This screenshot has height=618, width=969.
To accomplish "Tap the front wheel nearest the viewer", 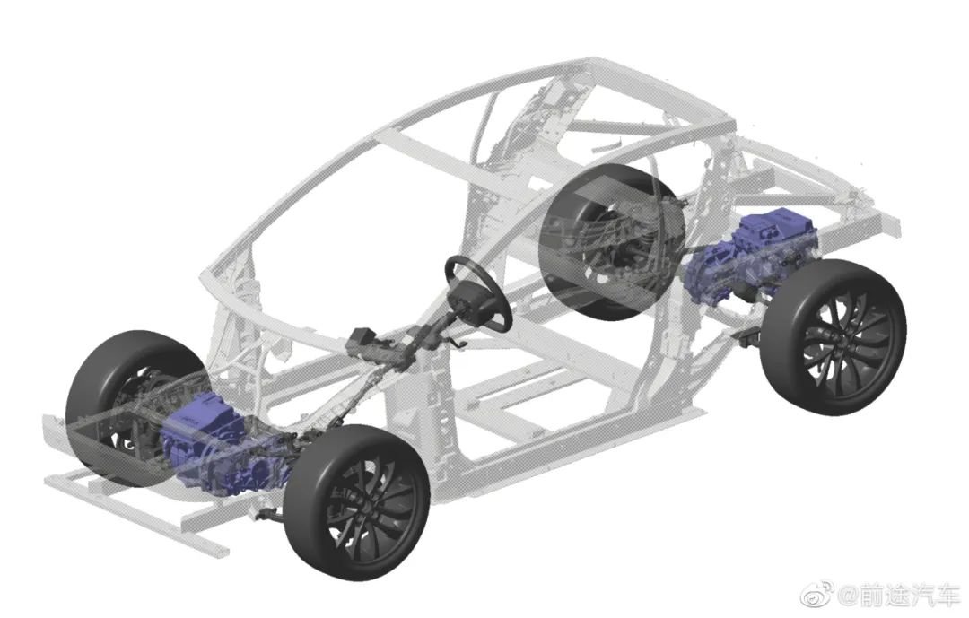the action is point(356,501).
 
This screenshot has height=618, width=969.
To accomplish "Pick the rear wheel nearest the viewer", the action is point(834,337).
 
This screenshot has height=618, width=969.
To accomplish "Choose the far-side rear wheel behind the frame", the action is point(612,242).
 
